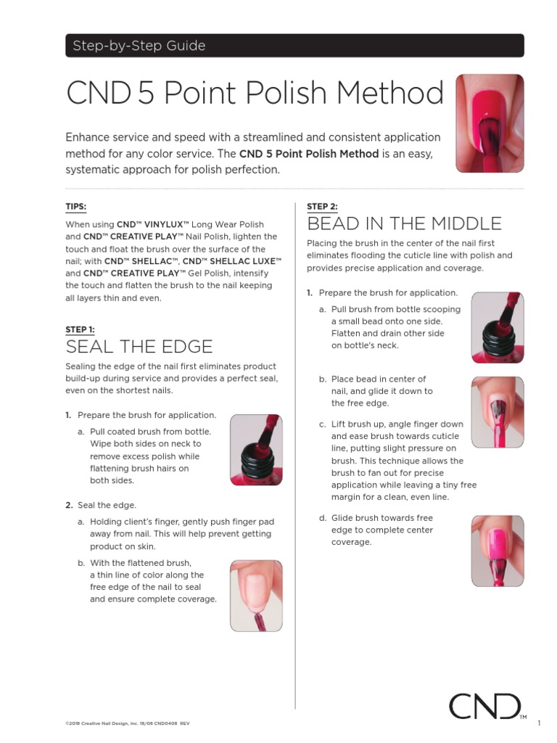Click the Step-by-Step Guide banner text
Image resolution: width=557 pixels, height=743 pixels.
coord(139,46)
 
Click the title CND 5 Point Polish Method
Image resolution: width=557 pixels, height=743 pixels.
coord(255,94)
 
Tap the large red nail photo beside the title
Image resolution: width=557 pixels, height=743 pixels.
coord(490,123)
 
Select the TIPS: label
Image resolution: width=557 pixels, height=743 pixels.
coord(75,207)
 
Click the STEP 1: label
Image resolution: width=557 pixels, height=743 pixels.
coord(80,329)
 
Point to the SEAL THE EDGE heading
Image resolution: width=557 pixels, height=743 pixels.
coord(139,347)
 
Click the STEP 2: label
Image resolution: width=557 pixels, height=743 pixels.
coord(321,207)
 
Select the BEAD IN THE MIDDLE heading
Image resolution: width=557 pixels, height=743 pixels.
coord(404,223)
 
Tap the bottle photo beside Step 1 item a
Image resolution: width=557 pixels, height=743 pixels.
coord(256,450)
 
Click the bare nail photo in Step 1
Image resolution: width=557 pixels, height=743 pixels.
coord(256,595)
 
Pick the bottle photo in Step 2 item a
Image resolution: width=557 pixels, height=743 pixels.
coord(498,327)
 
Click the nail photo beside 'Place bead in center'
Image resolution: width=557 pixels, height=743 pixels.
coord(498,411)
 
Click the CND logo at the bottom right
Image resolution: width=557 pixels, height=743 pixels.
coord(484,707)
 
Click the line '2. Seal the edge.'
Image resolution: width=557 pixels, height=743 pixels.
coord(102,505)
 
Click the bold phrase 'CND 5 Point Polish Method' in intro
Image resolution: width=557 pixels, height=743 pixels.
coord(309,154)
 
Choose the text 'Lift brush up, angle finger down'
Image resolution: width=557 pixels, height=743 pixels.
coord(397,424)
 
